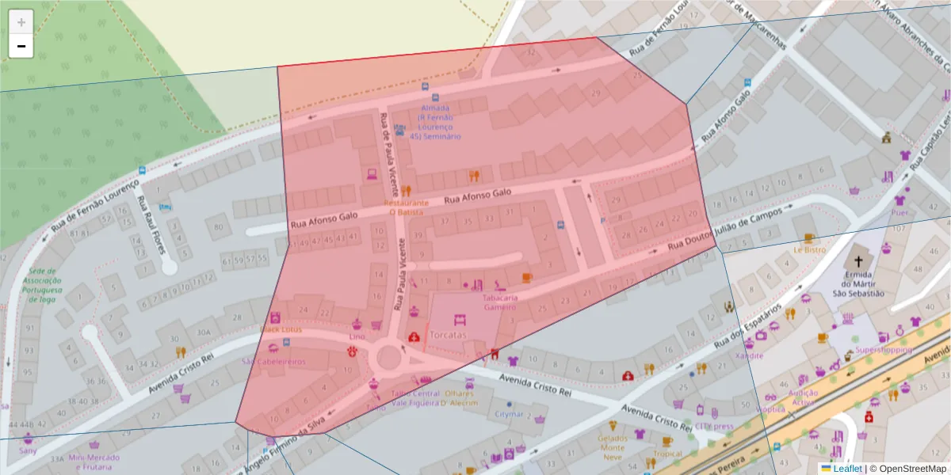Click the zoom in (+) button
[x=21, y=21]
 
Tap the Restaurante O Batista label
[x=406, y=207]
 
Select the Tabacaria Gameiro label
[x=500, y=302]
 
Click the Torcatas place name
[x=449, y=335]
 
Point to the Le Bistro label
[x=809, y=249]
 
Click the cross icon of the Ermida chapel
[x=856, y=260]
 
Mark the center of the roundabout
[x=388, y=357]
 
